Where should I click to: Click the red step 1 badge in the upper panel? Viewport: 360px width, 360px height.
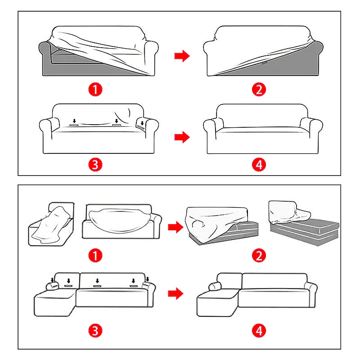(95, 89)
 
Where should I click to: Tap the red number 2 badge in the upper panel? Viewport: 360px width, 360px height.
(259, 89)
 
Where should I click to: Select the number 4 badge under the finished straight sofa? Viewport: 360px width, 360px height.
(259, 165)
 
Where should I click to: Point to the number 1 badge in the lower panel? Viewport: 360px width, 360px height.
(95, 256)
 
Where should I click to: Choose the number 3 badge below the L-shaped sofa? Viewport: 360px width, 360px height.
(95, 331)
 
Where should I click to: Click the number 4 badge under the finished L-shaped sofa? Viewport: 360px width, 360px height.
(259, 331)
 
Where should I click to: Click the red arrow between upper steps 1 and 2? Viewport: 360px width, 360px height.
(182, 56)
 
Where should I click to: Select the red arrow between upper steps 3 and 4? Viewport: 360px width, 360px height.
(182, 137)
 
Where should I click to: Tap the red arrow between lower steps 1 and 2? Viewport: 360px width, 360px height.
(175, 227)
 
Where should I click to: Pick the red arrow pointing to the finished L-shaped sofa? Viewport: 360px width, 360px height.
(175, 293)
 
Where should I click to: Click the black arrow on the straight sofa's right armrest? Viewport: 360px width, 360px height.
(142, 123)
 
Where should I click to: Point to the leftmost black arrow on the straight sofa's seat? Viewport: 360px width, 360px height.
(74, 121)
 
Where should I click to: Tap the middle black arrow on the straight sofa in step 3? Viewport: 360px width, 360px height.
(117, 121)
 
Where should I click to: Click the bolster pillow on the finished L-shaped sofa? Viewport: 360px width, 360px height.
(215, 287)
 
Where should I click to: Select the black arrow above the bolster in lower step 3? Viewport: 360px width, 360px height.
(53, 280)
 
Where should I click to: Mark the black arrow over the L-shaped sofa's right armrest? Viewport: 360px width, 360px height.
(148, 279)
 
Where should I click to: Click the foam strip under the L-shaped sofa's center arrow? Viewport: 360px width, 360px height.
(97, 286)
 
